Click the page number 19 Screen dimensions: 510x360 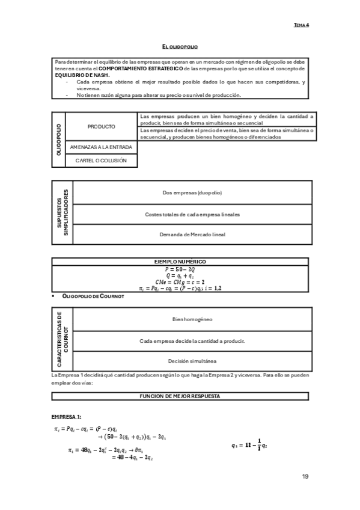[305, 476]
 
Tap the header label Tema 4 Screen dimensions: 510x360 [301, 25]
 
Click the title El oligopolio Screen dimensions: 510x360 [180, 46]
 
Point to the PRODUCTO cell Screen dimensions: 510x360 [101, 126]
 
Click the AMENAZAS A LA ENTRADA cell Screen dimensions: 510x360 [101, 147]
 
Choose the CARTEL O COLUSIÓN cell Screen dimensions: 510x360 [101, 161]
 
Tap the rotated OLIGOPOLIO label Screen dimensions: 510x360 [59, 140]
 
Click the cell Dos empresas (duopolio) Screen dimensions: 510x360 [192, 192]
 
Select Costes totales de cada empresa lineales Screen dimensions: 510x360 [192, 214]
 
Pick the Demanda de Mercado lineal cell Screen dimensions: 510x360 [192, 234]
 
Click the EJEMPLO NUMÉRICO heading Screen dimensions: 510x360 [180, 262]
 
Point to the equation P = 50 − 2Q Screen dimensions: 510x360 [180, 269]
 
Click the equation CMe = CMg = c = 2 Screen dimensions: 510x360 [180, 281]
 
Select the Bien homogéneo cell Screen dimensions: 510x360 [192, 319]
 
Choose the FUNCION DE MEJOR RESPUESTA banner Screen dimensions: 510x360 [180, 396]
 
